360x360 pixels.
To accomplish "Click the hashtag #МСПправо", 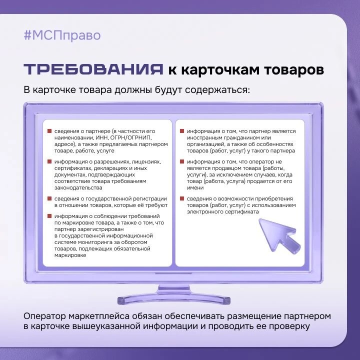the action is (x=62, y=35).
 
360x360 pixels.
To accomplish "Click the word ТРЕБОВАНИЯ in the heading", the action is (x=93, y=69).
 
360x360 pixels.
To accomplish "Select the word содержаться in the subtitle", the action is (x=217, y=90).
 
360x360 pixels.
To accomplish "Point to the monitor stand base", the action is (x=174, y=300).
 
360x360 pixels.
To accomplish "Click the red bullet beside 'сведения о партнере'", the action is (x=49, y=131).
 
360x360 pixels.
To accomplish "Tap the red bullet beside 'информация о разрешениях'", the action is (x=49, y=161).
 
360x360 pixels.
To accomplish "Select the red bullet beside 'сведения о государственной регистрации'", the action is (x=49, y=198).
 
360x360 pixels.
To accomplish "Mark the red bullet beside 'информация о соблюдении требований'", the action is (x=49, y=216).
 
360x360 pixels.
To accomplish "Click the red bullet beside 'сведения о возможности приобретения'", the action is (x=182, y=198).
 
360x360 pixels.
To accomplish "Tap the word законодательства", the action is (x=78, y=188).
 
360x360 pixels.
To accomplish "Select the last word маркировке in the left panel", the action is (x=70, y=255).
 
